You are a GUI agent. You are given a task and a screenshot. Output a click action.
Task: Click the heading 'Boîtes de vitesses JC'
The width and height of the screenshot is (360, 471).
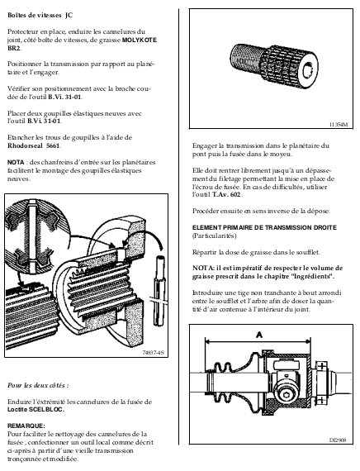coord(40,16)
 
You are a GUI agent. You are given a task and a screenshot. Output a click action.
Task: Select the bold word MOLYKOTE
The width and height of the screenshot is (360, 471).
coord(140,40)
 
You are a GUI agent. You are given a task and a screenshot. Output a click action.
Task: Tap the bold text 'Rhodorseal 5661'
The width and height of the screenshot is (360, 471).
coord(34,146)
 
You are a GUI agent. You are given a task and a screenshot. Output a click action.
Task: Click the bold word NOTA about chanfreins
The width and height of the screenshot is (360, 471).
coord(16,163)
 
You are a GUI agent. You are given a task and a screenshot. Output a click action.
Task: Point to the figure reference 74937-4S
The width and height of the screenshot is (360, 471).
coord(153,353)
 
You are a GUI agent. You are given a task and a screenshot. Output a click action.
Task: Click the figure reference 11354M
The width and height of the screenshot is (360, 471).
coord(339,124)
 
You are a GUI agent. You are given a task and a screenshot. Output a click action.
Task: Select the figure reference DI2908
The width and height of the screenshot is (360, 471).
coord(338,440)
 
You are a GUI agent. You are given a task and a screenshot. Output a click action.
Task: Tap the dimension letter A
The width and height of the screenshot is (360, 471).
coord(258,335)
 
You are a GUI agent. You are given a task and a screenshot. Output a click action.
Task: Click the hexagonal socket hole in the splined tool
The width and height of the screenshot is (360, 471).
coord(307,71)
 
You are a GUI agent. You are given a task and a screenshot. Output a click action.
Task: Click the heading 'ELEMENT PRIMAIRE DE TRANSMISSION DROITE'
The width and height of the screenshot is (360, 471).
coord(264,228)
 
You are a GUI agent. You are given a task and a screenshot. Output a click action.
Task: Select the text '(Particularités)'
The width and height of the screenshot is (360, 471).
coord(215,235)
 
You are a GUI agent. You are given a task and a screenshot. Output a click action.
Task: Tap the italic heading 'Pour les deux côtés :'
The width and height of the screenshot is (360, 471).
coord(38,385)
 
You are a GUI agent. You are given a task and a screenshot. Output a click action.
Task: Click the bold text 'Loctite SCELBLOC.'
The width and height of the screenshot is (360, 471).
coord(36,410)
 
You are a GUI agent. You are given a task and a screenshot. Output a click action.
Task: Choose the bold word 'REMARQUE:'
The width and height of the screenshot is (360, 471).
coord(26,426)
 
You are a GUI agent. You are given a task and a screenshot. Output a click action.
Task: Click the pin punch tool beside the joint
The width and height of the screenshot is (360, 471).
coord(159,290)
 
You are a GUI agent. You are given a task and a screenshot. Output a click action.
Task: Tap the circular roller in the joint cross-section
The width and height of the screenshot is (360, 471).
coord(287,391)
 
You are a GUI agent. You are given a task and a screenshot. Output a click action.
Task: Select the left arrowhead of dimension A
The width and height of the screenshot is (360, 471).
coord(208,341)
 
